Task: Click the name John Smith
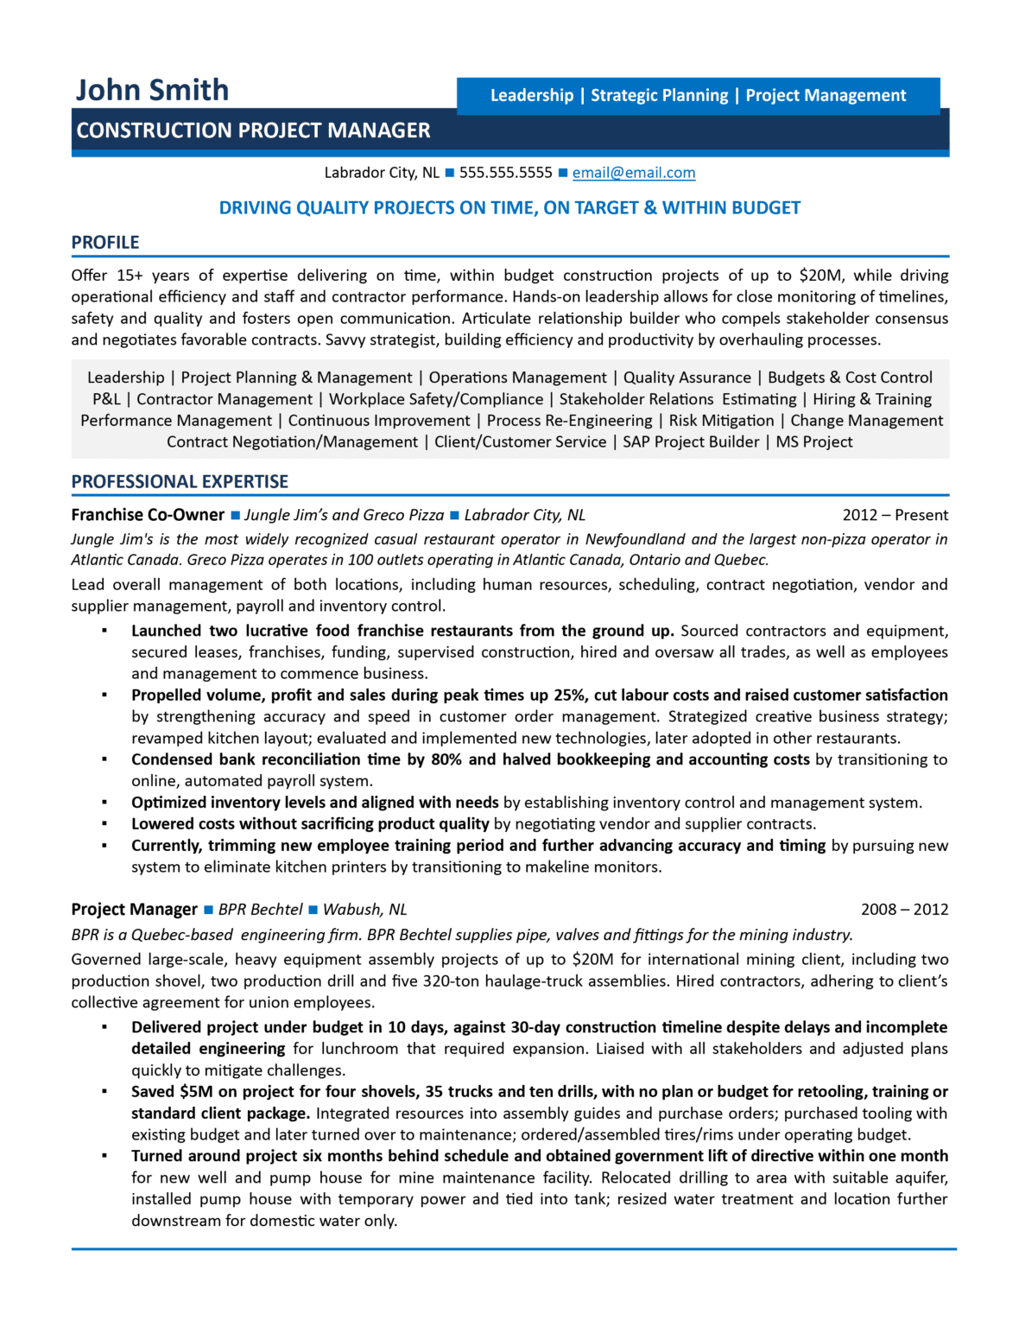[x=152, y=90]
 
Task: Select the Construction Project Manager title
[x=253, y=130]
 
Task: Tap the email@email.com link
[x=633, y=173]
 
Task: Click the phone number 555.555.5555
[x=505, y=173]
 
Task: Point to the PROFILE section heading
[x=105, y=243]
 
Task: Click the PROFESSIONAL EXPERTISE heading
[x=180, y=482]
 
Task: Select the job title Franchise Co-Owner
[x=148, y=515]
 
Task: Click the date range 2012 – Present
[x=895, y=515]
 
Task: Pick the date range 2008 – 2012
[x=904, y=910]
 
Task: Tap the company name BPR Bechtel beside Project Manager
[x=260, y=910]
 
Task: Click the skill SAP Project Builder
[x=691, y=442]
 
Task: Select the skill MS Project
[x=813, y=442]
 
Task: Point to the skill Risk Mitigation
[x=721, y=421]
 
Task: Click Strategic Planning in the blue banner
[x=659, y=96]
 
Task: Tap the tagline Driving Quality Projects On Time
[x=509, y=208]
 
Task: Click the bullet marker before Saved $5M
[x=104, y=1092]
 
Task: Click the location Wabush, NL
[x=364, y=910]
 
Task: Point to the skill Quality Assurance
[x=686, y=378]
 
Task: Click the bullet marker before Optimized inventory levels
[x=104, y=803]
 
